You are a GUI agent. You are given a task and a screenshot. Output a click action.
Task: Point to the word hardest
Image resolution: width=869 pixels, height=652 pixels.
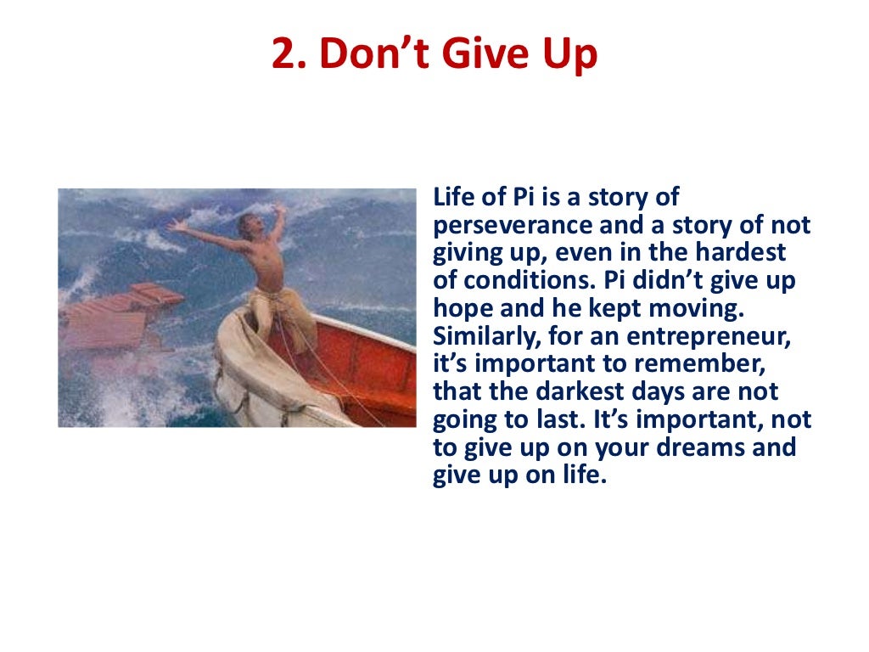pos(743,253)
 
